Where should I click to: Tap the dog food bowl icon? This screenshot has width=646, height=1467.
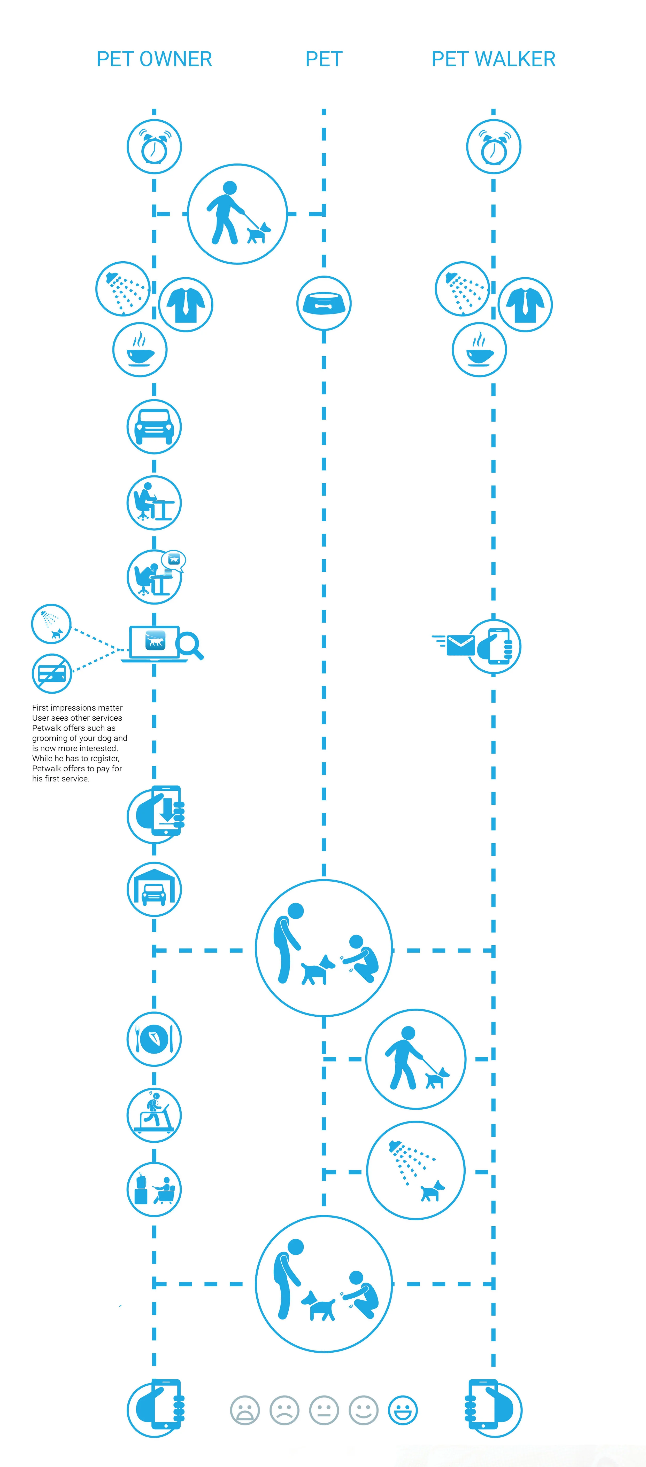coord(324,303)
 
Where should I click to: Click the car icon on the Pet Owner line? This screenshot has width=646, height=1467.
coord(154,427)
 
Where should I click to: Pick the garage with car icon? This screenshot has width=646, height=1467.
coord(154,890)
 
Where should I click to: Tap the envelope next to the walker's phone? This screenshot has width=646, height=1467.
coord(460,645)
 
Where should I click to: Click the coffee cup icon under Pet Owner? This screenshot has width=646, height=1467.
coord(140,350)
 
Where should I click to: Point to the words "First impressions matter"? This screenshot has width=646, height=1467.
coord(77,708)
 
